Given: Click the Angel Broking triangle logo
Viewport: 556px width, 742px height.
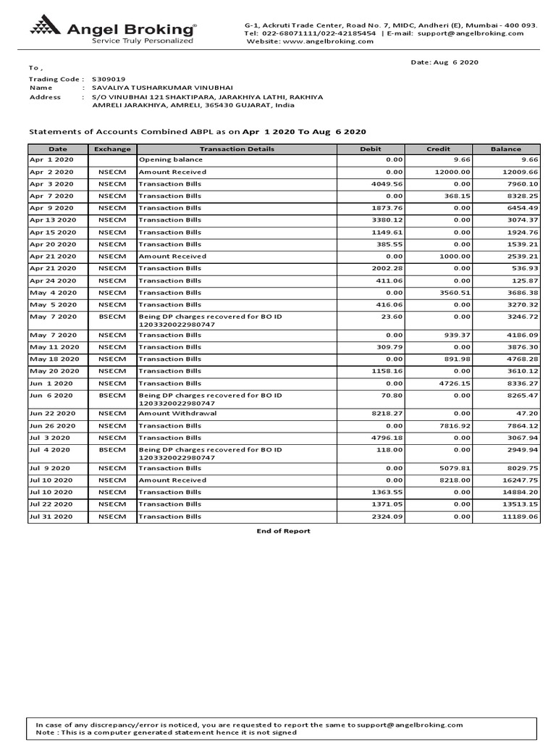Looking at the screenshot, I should click(x=46, y=29).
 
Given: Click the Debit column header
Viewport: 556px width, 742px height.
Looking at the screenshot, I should click(x=370, y=149).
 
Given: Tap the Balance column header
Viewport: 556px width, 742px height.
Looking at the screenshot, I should click(x=505, y=149).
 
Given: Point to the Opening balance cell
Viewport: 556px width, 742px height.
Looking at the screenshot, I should click(x=164, y=159).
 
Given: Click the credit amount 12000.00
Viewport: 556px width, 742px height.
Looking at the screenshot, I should click(x=452, y=172).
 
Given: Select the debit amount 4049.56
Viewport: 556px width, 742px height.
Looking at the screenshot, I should click(x=386, y=184).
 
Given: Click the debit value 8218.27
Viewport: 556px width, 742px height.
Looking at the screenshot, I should click(x=386, y=414).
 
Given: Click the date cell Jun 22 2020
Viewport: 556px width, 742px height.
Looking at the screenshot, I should click(x=51, y=414).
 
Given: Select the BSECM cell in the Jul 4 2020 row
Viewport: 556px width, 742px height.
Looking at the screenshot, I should click(x=112, y=450).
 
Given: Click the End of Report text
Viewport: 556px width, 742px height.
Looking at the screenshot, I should click(x=283, y=531).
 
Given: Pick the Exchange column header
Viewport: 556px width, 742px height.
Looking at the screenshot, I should click(x=112, y=149).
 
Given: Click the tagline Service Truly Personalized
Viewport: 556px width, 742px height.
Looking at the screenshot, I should click(x=142, y=41).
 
